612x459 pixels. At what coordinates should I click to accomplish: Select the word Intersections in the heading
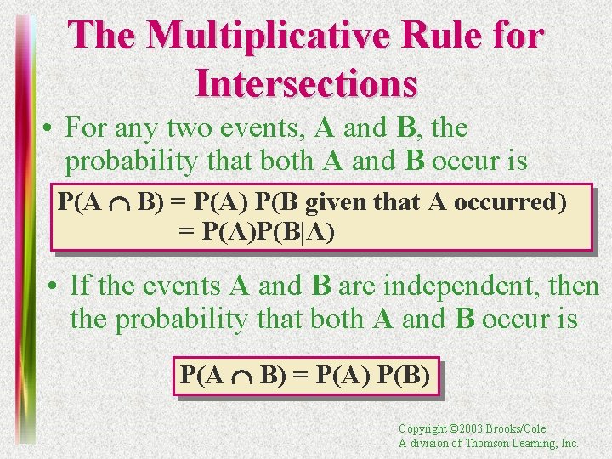(306, 82)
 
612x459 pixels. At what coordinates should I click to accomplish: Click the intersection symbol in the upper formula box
(121, 204)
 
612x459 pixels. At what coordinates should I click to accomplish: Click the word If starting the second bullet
(80, 286)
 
